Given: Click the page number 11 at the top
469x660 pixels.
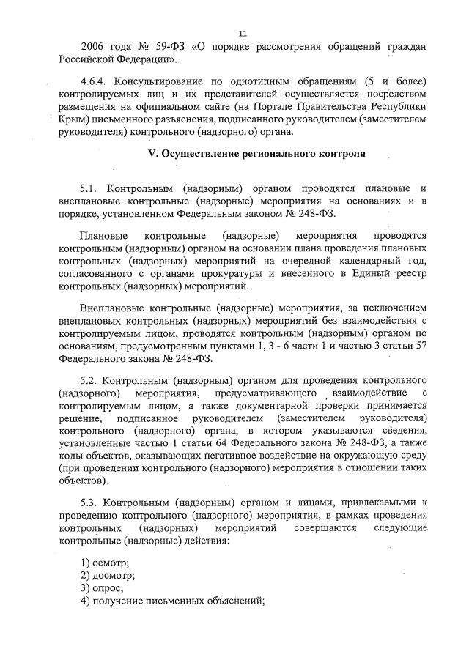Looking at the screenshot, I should coord(243,33).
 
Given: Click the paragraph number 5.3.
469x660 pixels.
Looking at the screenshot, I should coord(92,504).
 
